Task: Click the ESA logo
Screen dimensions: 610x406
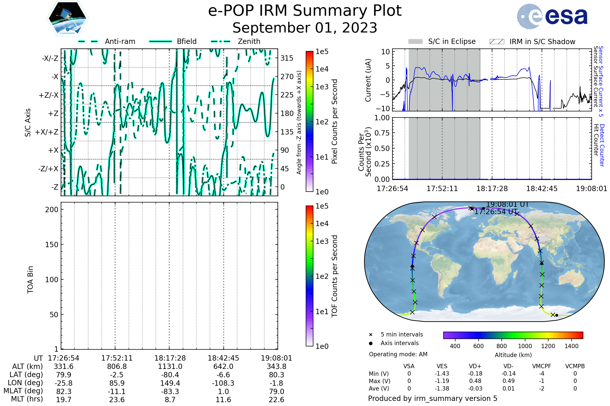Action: [x=552, y=16]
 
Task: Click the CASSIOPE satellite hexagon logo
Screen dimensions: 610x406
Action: [x=67, y=18]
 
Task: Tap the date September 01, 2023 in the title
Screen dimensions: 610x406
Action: [x=305, y=28]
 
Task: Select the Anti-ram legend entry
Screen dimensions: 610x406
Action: [x=106, y=41]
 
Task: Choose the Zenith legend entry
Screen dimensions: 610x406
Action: [x=236, y=41]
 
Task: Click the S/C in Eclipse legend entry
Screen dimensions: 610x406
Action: [x=442, y=41]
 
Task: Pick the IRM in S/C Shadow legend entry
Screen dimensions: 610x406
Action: [x=532, y=41]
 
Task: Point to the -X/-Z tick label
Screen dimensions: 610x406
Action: [x=50, y=58]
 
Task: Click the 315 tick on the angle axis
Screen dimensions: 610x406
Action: [x=287, y=58]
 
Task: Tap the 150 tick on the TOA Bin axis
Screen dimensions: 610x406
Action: [x=52, y=245]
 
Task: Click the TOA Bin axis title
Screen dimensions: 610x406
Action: [x=30, y=280]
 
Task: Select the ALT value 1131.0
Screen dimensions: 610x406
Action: [x=170, y=367]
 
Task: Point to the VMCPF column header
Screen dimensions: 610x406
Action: [x=542, y=366]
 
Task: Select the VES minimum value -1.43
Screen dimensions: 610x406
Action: [x=442, y=374]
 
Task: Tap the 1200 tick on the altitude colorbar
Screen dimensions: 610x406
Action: [x=548, y=346]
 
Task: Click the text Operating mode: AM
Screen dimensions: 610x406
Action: [x=398, y=354]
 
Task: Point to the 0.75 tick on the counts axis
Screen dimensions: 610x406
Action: [x=382, y=133]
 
